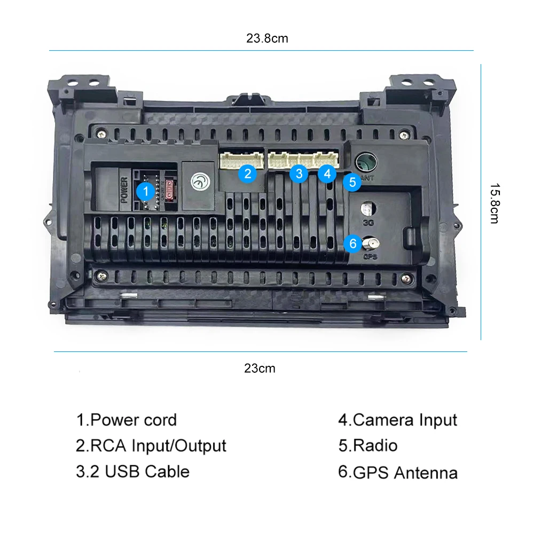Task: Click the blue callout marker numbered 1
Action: [x=144, y=191]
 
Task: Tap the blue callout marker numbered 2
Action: [x=247, y=173]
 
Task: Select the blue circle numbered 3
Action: [x=299, y=173]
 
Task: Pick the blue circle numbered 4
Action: [x=327, y=173]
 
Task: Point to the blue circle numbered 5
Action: [x=352, y=182]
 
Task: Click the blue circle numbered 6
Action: [x=352, y=244]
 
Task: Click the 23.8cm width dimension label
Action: [x=267, y=38]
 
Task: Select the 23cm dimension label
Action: [x=260, y=368]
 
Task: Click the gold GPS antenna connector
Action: [x=368, y=244]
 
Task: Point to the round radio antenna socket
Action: [x=366, y=161]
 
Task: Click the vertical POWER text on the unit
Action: [x=125, y=191]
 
